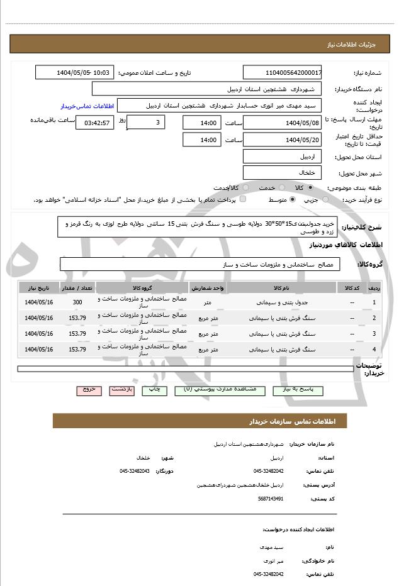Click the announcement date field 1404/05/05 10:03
click(74, 73)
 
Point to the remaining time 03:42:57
click(95, 122)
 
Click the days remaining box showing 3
click(146, 122)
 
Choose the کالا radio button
click(310, 187)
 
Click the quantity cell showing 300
click(77, 302)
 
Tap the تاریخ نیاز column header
click(38, 287)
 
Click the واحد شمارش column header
click(207, 287)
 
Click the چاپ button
click(154, 390)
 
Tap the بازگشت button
click(122, 390)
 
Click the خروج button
click(89, 390)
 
